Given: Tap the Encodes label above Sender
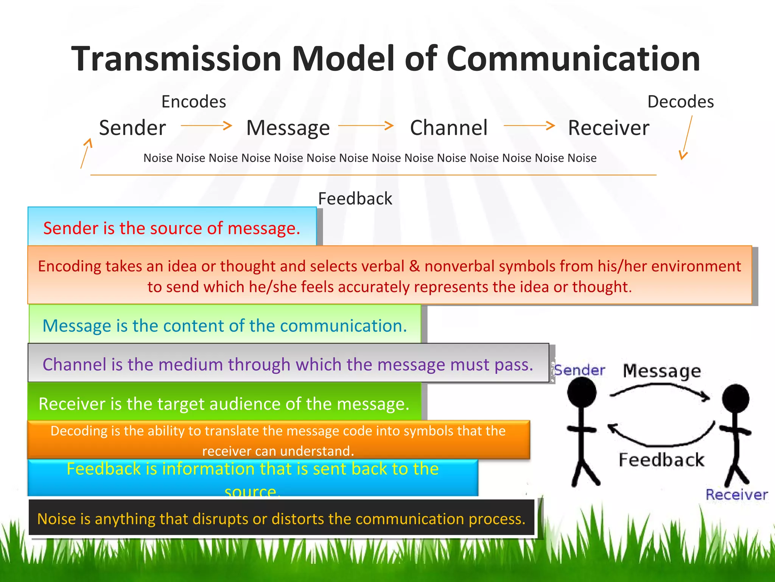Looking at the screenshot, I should click(x=193, y=102).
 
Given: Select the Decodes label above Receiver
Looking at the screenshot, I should click(x=680, y=102).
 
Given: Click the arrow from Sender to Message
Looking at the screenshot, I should click(x=206, y=125).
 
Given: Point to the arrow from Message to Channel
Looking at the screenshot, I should click(x=366, y=125).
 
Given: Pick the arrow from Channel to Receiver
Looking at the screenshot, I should click(x=529, y=125).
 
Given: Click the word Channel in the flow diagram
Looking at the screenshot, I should click(x=449, y=128).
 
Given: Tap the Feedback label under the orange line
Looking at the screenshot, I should click(x=355, y=199).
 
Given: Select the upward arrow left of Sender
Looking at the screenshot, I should click(x=86, y=153).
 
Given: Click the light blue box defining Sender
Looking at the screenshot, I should click(x=172, y=227).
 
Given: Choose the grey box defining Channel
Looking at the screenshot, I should click(x=288, y=363).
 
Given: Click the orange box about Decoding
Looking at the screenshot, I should click(x=278, y=440).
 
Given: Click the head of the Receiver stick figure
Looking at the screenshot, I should click(x=735, y=398).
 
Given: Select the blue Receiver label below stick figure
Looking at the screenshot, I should click(x=736, y=494).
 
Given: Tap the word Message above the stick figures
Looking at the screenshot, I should click(x=662, y=371).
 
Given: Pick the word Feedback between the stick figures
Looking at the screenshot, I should click(x=661, y=460).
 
